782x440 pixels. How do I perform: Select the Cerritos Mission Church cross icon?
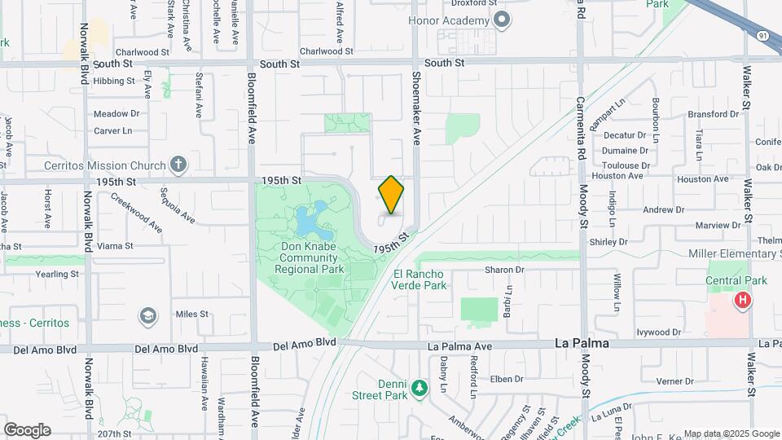tap(178, 165)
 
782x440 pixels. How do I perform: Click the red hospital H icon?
tap(742, 301)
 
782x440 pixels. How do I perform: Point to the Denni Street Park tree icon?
tap(419, 387)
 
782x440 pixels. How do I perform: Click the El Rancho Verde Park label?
tap(419, 279)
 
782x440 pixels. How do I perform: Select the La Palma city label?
tap(582, 344)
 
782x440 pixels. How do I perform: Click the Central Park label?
tap(738, 280)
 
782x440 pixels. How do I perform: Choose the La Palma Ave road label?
tap(460, 346)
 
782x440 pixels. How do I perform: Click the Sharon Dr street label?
tap(504, 270)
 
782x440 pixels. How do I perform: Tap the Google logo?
tap(27, 430)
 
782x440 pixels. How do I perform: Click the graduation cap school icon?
tap(147, 315)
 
